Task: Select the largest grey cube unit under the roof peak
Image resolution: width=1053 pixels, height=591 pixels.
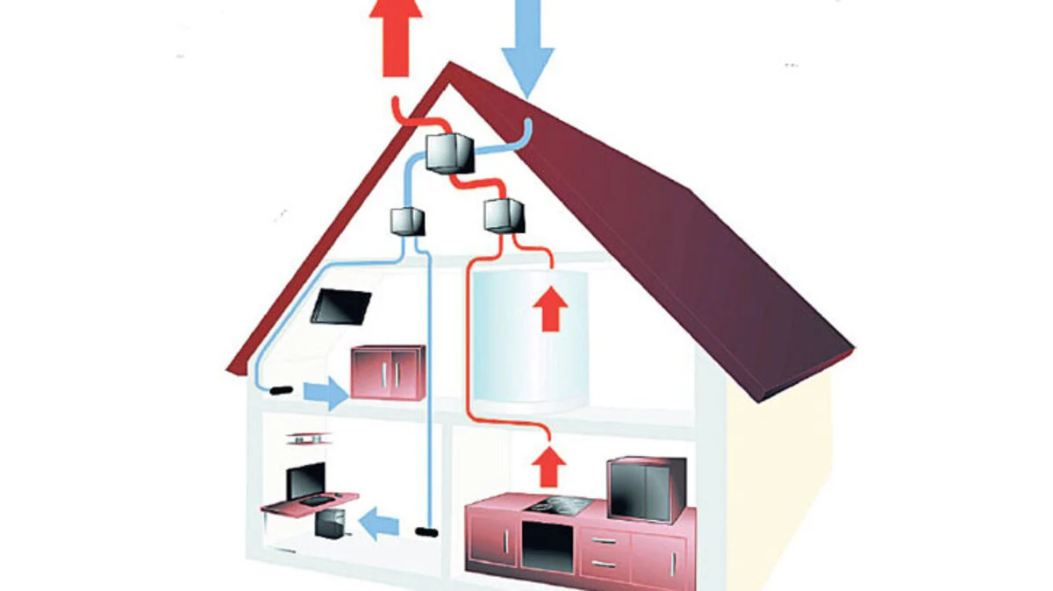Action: coord(449,153)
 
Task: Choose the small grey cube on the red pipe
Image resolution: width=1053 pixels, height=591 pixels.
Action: coord(503,215)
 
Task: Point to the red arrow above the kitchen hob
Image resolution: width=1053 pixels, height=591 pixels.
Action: coord(549,466)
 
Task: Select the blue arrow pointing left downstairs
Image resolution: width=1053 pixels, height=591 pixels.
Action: coord(380,525)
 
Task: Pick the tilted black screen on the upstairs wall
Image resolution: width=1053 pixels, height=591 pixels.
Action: coord(340,306)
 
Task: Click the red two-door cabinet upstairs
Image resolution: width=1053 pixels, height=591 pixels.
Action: coord(388,372)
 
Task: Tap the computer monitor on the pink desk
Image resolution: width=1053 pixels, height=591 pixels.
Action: coord(306,481)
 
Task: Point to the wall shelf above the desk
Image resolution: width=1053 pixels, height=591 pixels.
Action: coord(307,438)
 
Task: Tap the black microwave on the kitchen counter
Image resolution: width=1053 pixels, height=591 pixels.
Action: coord(646,488)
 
